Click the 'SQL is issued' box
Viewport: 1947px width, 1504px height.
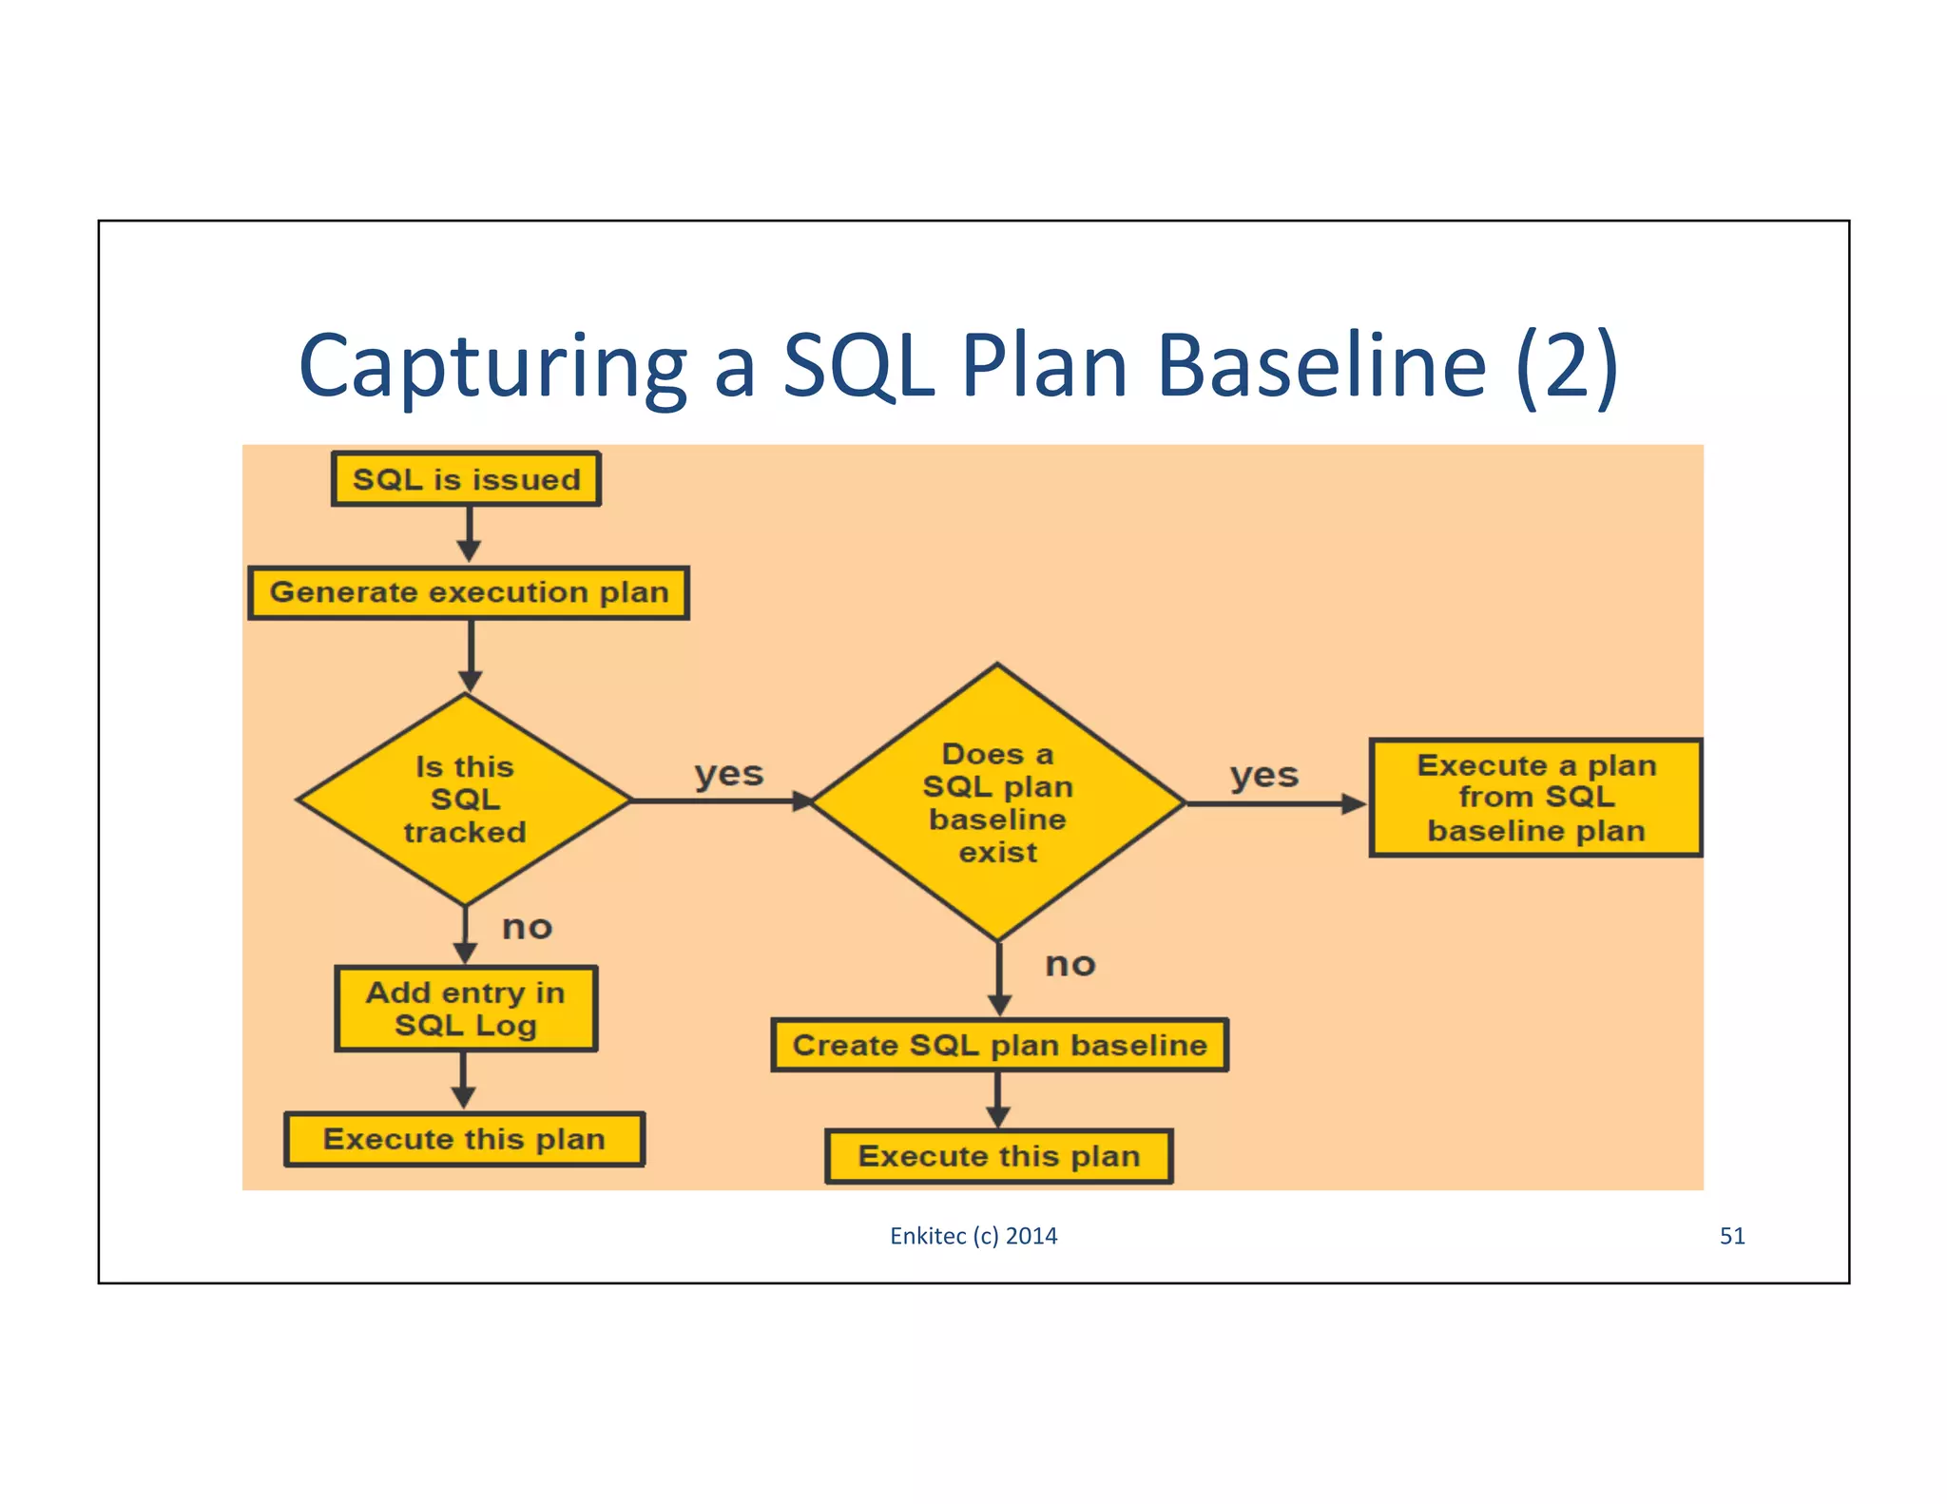pyautogui.click(x=466, y=479)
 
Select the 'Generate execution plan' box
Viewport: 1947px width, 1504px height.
pyautogui.click(x=469, y=593)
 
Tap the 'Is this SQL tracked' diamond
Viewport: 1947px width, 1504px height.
pyautogui.click(x=464, y=800)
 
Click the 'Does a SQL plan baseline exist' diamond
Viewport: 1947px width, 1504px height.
pyautogui.click(x=997, y=802)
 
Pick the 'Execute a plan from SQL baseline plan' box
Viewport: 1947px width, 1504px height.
pyautogui.click(x=1535, y=798)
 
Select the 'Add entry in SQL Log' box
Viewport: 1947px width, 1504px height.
pyautogui.click(x=466, y=1009)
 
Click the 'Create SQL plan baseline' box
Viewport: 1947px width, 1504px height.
pyautogui.click(x=999, y=1045)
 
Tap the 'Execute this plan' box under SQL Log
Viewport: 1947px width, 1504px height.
pyautogui.click(x=464, y=1139)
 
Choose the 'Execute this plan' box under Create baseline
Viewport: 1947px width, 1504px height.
pyautogui.click(x=998, y=1156)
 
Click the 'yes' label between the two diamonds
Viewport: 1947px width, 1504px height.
pyautogui.click(x=728, y=773)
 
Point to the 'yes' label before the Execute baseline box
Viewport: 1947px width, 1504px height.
pyautogui.click(x=1263, y=775)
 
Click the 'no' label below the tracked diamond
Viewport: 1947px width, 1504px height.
pyautogui.click(x=527, y=927)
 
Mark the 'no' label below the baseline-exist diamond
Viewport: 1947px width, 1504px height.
pyautogui.click(x=1070, y=964)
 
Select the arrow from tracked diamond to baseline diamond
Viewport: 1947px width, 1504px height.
pyautogui.click(x=721, y=801)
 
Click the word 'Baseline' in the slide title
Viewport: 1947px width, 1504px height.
pyautogui.click(x=1321, y=366)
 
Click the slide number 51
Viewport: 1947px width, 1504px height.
pyautogui.click(x=1732, y=1236)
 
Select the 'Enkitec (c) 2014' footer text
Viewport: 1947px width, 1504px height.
pyautogui.click(x=973, y=1236)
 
